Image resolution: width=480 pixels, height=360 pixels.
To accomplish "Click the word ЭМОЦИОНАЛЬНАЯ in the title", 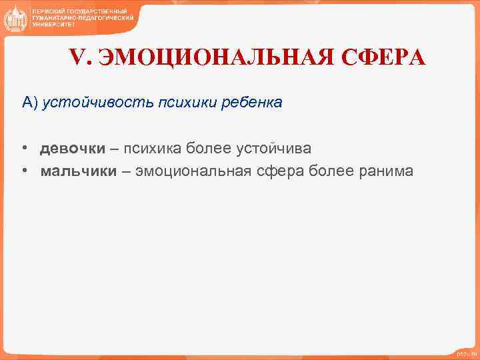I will coord(217,58).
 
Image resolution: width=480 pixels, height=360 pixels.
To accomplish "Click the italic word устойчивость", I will coord(97,103).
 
